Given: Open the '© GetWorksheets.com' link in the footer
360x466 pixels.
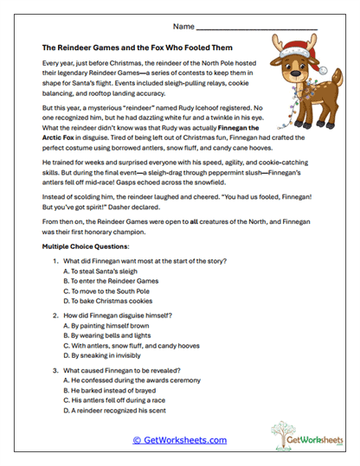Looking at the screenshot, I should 180,439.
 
